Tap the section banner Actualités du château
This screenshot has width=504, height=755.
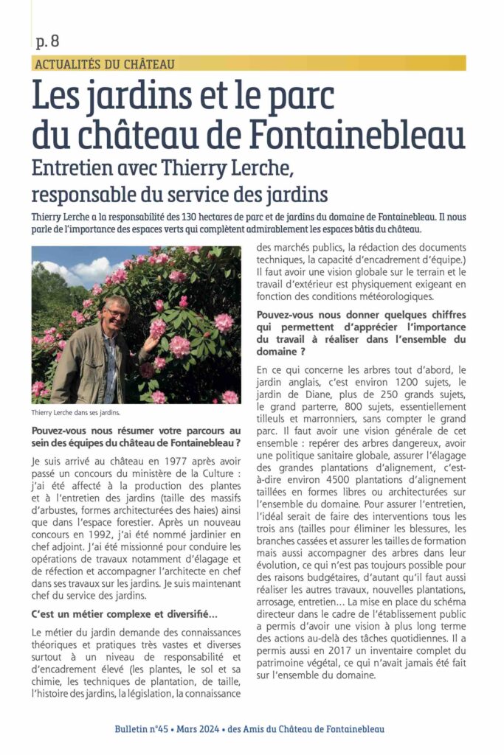point(105,63)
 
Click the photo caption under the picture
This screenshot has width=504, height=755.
point(76,413)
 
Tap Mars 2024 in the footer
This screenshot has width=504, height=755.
point(201,729)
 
